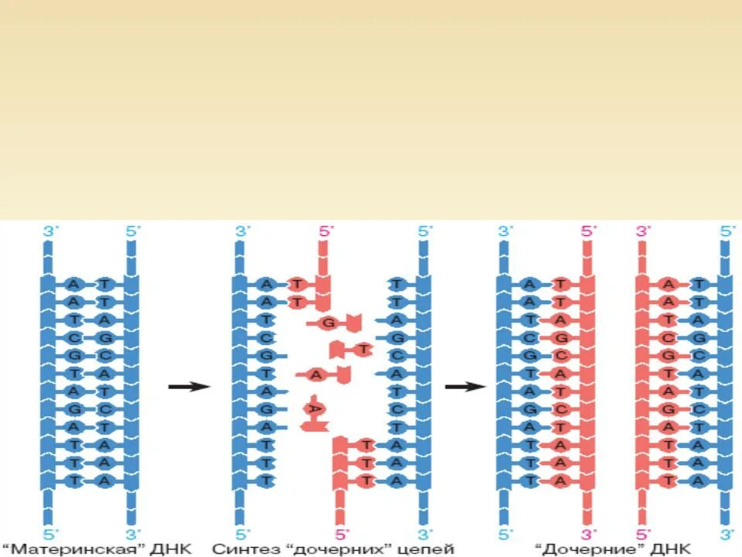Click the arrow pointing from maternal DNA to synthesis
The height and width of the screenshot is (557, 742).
(189, 386)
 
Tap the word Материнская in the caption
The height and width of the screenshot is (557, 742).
(88, 550)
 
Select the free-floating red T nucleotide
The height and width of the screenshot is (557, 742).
(362, 350)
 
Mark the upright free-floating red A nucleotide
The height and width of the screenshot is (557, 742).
(317, 374)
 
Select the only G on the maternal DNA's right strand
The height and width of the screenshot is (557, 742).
(105, 337)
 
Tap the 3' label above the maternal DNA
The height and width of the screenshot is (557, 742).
(48, 231)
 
